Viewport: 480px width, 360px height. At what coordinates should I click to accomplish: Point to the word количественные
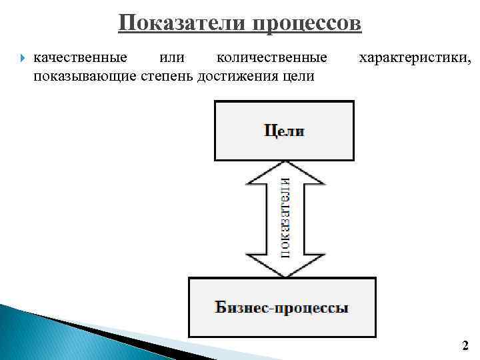click(272, 59)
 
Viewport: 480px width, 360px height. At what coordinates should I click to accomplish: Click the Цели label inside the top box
click(284, 131)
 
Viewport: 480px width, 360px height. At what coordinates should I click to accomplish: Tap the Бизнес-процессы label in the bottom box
click(281, 308)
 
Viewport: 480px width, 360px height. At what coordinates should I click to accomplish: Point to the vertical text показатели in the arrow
click(285, 217)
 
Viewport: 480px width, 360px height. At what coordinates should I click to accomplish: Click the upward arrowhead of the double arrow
click(285, 172)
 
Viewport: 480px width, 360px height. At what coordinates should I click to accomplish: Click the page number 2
click(465, 346)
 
